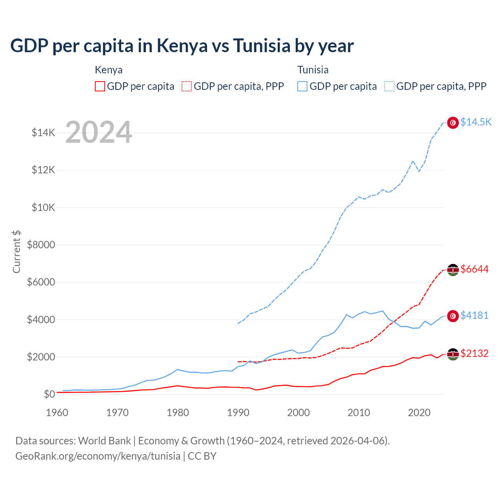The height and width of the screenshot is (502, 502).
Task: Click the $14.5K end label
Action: (x=476, y=122)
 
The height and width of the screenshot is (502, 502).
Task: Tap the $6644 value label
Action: (x=475, y=269)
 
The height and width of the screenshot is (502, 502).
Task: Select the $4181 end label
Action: (x=475, y=315)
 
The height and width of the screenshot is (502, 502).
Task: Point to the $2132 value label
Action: (x=475, y=353)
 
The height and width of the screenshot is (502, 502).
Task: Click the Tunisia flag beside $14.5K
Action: (x=453, y=123)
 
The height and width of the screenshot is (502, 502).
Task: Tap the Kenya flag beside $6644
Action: (x=453, y=270)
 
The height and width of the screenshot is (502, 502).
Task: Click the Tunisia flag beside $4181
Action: (x=453, y=316)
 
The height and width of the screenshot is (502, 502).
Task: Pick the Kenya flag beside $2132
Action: (x=453, y=354)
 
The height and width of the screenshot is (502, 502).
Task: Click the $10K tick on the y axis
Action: (x=44, y=207)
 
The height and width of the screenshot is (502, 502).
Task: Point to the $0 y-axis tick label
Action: (x=49, y=394)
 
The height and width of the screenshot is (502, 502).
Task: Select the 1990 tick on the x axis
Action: (x=238, y=413)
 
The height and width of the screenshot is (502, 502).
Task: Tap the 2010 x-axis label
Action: (x=359, y=413)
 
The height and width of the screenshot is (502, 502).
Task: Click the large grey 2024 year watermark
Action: (x=98, y=132)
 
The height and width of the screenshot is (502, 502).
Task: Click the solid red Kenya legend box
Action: (x=100, y=86)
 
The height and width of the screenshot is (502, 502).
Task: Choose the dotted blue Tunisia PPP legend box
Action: (x=389, y=86)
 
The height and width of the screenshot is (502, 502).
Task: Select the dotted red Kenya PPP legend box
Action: (x=187, y=86)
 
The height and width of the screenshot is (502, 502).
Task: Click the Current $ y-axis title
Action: (x=16, y=252)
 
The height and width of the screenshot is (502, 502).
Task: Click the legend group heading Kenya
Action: (x=109, y=70)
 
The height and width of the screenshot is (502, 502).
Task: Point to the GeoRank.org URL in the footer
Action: (x=98, y=456)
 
